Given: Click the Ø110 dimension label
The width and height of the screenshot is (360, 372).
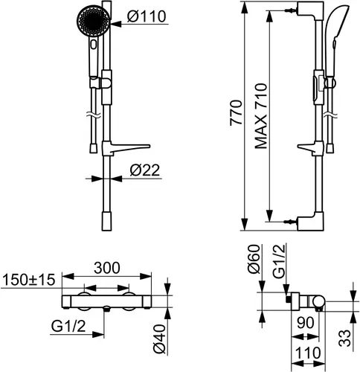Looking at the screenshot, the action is click(147, 16).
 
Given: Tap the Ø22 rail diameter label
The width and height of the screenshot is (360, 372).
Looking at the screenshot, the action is click(145, 170).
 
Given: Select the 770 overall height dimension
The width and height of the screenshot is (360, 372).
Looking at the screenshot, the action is click(236, 113).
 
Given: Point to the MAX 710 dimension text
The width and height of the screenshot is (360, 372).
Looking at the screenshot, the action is click(261, 116).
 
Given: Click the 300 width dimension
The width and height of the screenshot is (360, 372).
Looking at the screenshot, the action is click(107, 268).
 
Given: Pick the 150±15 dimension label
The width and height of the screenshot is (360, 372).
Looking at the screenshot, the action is click(28, 280).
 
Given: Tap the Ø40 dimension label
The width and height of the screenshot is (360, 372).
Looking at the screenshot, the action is click(159, 339).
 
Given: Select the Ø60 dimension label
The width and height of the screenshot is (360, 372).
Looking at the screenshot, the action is click(254, 259).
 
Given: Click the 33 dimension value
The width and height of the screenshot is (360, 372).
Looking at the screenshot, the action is click(345, 338).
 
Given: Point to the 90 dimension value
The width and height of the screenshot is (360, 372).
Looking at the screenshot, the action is click(306, 323).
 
